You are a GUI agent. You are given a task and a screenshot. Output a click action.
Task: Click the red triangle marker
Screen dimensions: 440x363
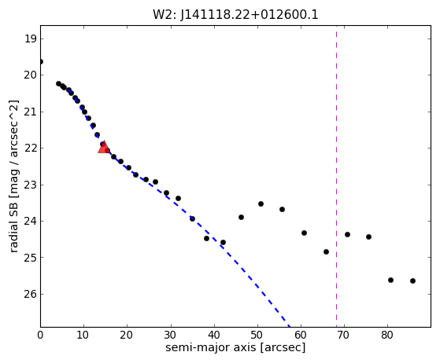[x=104, y=148]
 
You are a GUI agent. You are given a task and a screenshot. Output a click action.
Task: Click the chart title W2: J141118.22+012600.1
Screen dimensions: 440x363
[x=235, y=15]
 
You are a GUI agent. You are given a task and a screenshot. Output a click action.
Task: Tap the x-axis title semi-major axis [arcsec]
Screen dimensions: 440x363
[x=235, y=347]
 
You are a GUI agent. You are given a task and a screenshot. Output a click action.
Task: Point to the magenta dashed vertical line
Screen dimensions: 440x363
[x=336, y=176]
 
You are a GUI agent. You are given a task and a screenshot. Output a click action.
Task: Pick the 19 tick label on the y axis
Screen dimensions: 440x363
[x=31, y=38]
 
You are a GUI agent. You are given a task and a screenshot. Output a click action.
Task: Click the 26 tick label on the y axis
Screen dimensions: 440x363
[x=31, y=294]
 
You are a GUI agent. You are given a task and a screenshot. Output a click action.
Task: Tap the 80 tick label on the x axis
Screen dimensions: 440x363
[x=387, y=335]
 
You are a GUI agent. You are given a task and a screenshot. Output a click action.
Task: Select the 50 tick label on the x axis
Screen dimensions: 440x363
[x=257, y=335]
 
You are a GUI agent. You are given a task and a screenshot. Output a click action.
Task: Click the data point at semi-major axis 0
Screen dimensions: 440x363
[x=41, y=61]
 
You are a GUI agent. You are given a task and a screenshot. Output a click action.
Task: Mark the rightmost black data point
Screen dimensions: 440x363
[x=412, y=280]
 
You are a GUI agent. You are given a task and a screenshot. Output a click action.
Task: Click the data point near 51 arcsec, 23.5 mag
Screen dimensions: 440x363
[x=261, y=204]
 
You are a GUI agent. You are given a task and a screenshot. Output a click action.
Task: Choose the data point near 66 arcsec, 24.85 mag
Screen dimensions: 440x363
[x=326, y=251]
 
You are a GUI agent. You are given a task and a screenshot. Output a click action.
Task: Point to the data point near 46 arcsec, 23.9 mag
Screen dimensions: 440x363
[x=241, y=217]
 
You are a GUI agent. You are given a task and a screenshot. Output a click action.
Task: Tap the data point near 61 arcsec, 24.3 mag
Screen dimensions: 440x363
[x=304, y=233]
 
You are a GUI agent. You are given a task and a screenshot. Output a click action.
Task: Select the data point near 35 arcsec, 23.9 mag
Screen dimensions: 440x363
[x=192, y=218]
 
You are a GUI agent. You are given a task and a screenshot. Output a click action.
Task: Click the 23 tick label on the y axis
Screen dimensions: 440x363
[x=31, y=185]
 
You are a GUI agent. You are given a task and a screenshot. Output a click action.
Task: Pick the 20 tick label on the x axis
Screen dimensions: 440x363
[x=127, y=335]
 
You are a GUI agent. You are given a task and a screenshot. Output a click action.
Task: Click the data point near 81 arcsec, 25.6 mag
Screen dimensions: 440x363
[x=390, y=280]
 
